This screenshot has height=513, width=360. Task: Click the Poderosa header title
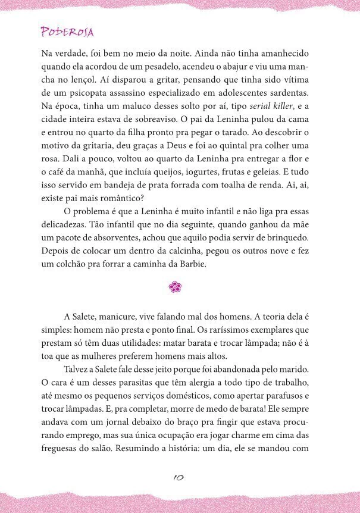pos(67,32)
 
